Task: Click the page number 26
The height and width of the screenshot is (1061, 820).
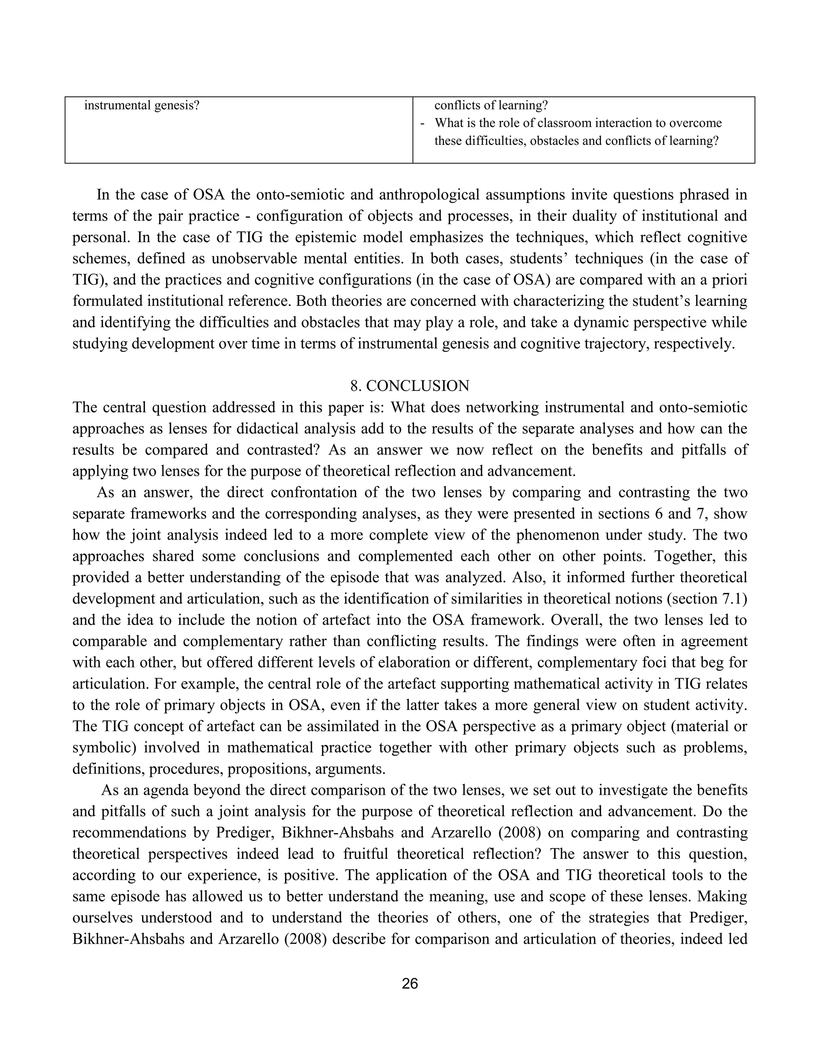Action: tap(410, 983)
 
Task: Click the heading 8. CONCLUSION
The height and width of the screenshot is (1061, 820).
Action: tap(410, 386)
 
